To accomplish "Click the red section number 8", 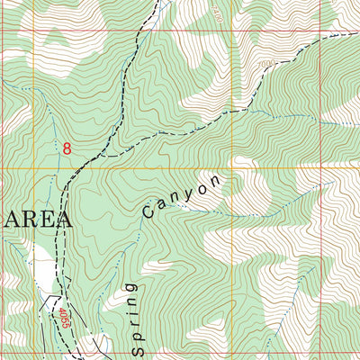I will pyautogui.click(x=67, y=147).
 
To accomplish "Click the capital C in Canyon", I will pyautogui.click(x=148, y=213).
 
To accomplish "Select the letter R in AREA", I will pyautogui.click(x=28, y=220).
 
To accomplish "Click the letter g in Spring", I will pyautogui.click(x=132, y=286).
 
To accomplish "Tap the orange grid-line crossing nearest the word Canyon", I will pyautogui.click(x=233, y=168).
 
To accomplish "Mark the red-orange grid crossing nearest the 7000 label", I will pyautogui.click(x=233, y=31).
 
